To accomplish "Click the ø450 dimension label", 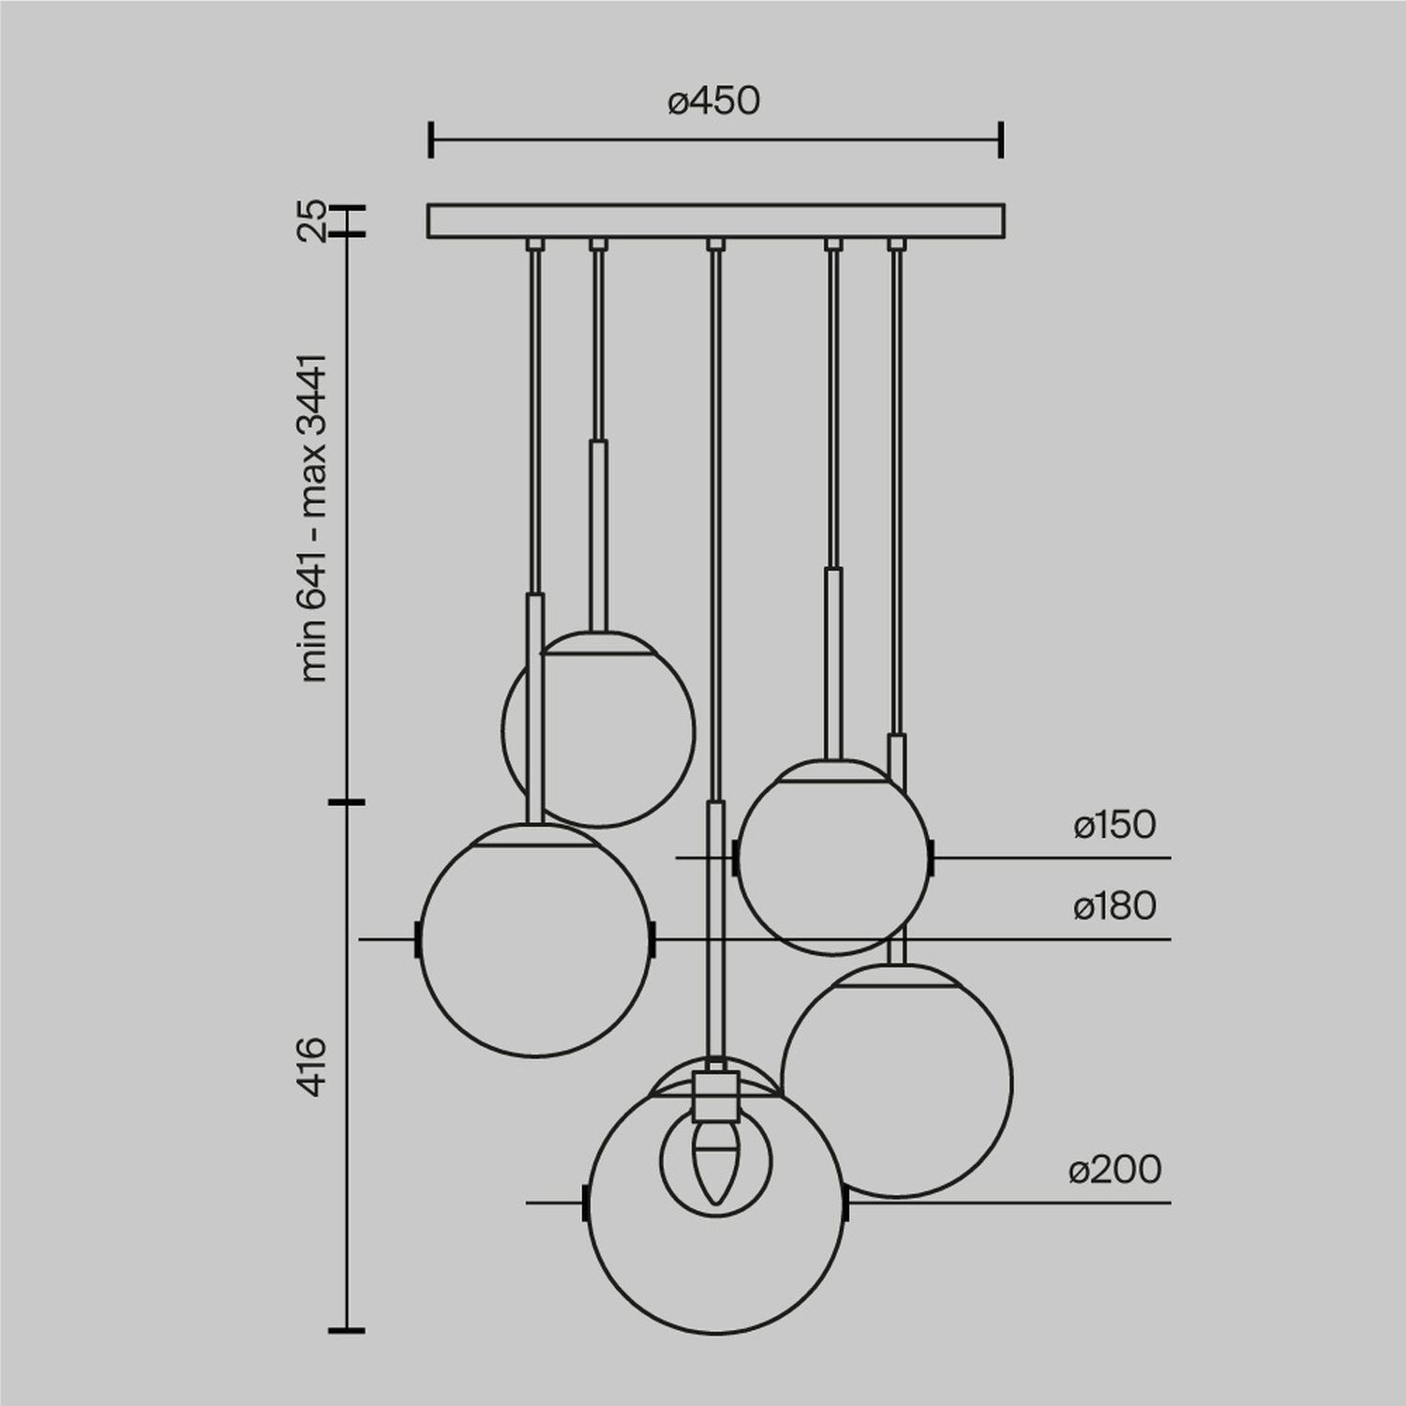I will pos(714,101).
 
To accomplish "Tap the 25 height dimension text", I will pos(313,221).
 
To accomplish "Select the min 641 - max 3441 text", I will pos(313,518).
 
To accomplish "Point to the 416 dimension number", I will pos(313,1066).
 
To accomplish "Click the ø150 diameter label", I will pos(1114,825).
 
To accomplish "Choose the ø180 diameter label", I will pos(1114,906).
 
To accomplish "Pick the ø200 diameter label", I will pos(1114,1170).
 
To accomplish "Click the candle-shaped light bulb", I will pos(716,1162).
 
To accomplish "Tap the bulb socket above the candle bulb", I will pos(716,1097).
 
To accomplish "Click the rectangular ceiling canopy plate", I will pos(716,221).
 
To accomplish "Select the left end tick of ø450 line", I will pos(430,139).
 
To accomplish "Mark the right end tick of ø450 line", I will pos(1002,139).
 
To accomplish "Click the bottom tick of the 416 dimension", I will pos(348,1329).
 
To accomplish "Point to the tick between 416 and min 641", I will pos(348,802).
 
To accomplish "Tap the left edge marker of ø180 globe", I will pos(417,939).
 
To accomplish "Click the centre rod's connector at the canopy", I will pos(716,245).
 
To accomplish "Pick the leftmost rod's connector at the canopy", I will pos(534,245).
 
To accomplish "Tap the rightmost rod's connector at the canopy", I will pos(897,245).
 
